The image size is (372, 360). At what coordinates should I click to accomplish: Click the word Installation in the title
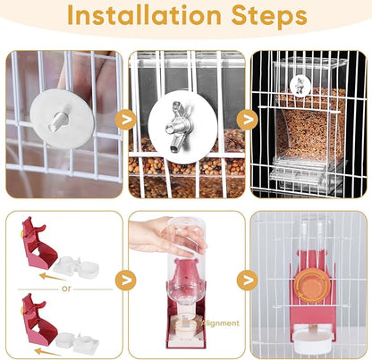tap(142, 17)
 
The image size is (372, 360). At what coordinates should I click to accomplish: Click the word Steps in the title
tap(267, 17)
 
